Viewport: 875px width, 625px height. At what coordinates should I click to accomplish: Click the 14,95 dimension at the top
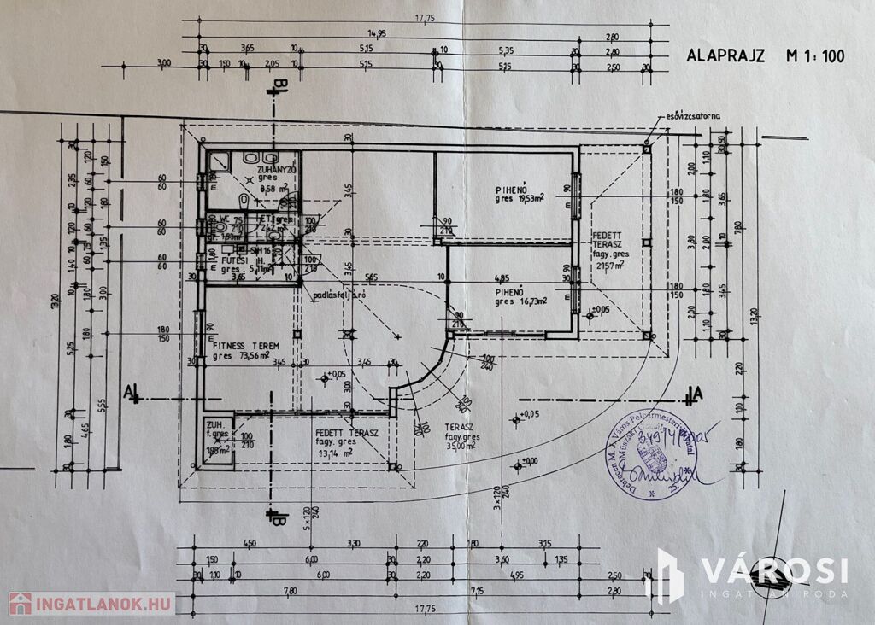click(x=376, y=33)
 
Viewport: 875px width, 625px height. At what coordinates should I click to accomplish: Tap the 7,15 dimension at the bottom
click(x=499, y=590)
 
